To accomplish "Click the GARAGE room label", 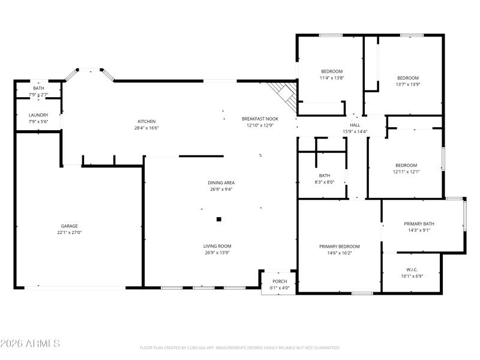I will (69, 226).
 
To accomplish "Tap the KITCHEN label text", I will (147, 121).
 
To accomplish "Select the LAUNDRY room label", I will (38, 115).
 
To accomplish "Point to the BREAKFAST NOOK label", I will (260, 119).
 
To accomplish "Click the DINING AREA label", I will (221, 182).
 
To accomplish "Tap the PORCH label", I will (280, 281).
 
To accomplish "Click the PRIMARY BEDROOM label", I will (339, 247).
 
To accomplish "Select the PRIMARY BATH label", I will (419, 224).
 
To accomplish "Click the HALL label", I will (355, 125).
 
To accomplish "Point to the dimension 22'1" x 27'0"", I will (69, 233).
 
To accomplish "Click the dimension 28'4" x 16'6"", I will (147, 128).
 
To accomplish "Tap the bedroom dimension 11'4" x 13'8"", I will (331, 78).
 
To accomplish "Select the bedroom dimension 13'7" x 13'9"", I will (408, 85).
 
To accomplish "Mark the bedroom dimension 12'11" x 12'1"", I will (406, 172).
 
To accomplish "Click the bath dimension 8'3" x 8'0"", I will (325, 182).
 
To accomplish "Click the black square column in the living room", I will (219, 220).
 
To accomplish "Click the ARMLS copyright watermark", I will (30, 344).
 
